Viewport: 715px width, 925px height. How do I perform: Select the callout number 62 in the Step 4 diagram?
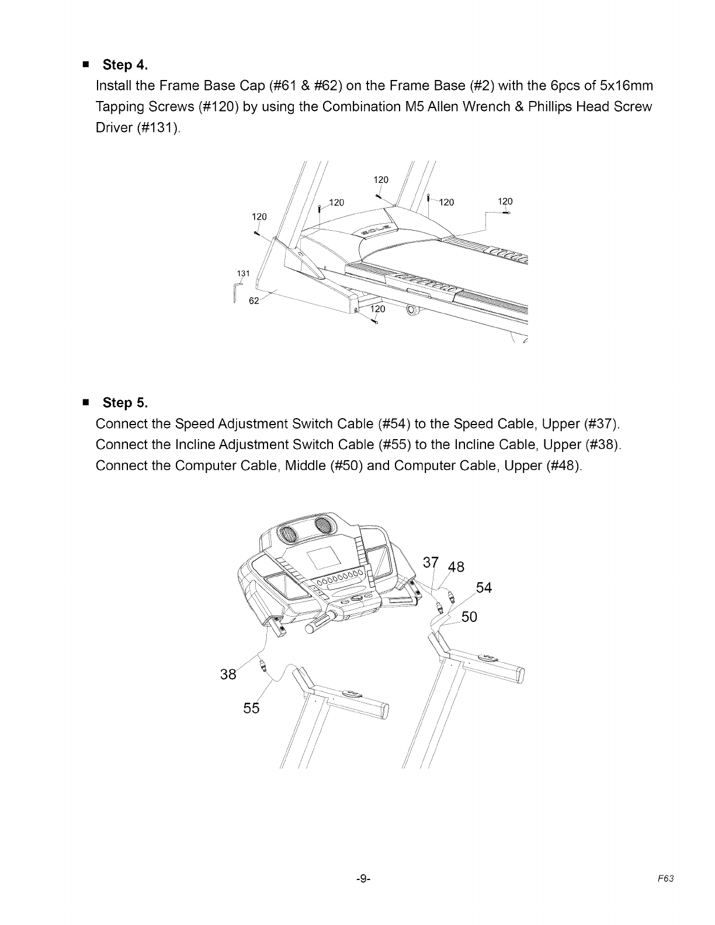(254, 301)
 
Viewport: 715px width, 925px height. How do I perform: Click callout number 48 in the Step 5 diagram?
(456, 568)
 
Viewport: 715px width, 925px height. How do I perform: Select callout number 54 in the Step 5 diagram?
(484, 587)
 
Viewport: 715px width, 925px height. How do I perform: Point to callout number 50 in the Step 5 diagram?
(470, 617)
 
